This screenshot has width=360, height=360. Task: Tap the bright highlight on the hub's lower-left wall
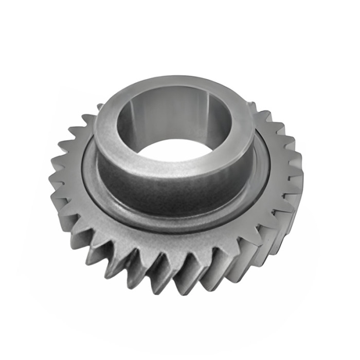(x=111, y=170)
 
